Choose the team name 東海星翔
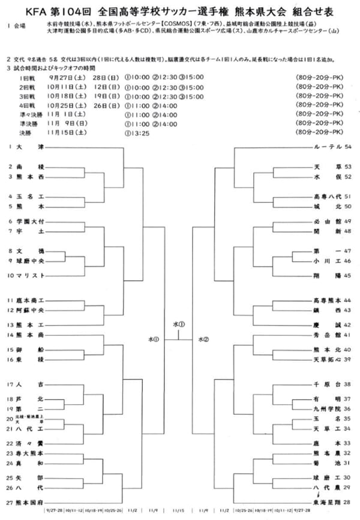point(327,501)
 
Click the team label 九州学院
point(327,409)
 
